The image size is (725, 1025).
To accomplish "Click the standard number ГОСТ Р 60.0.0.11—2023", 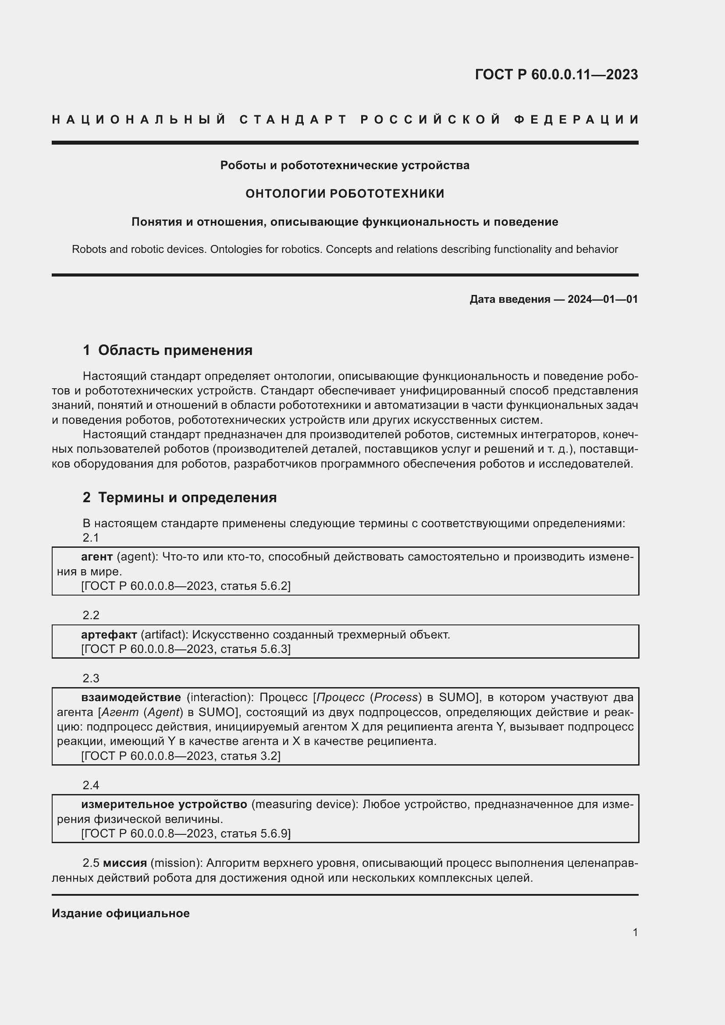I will click(x=556, y=74).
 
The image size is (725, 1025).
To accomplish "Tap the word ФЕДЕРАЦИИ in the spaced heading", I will click(x=576, y=120).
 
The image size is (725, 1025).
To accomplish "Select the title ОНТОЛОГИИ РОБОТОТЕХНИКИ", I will click(x=345, y=194).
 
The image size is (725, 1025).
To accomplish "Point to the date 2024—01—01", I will click(x=602, y=299).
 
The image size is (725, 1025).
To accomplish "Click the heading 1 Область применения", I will click(x=167, y=350).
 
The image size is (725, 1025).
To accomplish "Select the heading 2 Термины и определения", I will click(x=179, y=497).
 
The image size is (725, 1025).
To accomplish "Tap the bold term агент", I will click(x=97, y=557).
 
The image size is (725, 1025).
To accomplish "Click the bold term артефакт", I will click(x=109, y=635).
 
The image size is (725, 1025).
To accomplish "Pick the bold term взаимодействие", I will click(x=131, y=697).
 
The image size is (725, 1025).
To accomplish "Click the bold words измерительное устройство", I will click(x=164, y=805).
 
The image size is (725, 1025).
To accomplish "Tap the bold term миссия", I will click(x=124, y=863).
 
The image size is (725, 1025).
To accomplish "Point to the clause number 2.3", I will click(x=91, y=678).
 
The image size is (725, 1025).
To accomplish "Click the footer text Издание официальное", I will click(x=121, y=913).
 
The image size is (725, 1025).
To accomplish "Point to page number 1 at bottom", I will click(x=635, y=932).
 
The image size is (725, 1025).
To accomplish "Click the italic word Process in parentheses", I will click(x=395, y=697).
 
